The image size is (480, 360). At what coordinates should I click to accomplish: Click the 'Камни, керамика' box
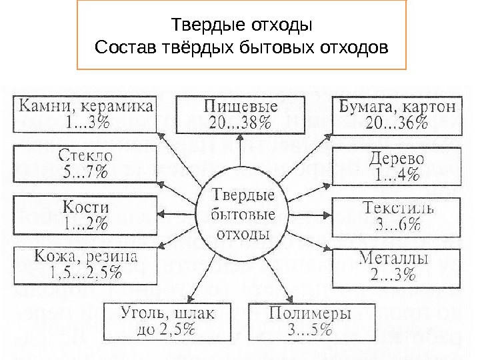[x=85, y=114]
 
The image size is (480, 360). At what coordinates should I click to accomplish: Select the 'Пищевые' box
[x=241, y=114]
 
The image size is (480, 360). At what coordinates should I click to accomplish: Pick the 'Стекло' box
[x=85, y=163]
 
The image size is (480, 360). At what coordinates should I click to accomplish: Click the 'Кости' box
[x=85, y=215]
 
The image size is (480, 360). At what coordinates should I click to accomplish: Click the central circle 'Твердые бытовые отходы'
[x=243, y=215]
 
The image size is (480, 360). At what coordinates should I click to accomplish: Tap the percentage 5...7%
[x=85, y=172]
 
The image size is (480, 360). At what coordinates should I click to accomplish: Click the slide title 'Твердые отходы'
[x=242, y=27]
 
